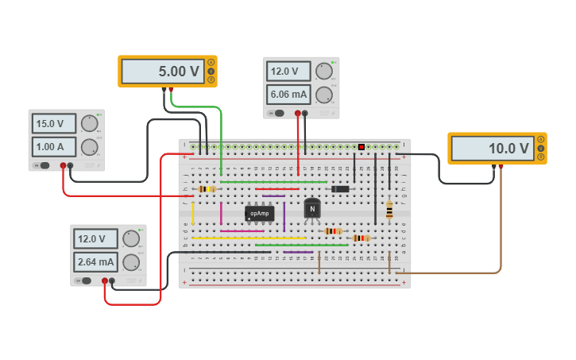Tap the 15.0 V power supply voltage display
pos(54,124)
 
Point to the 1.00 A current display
pos(54,147)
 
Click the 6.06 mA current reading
pos(288,95)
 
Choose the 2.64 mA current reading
pos(95,261)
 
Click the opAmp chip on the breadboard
pos(260,213)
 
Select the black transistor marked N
pos(312,209)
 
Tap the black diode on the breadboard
pos(340,188)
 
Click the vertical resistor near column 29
pos(389,210)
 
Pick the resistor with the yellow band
pos(207,189)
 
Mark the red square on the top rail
pos(361,147)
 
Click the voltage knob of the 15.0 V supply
pos(89,123)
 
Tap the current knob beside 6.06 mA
pos(323,95)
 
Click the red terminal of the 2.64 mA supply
pos(104,281)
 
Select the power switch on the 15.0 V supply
pos(44,166)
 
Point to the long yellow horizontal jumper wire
pos(249,238)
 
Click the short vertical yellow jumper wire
pos(192,213)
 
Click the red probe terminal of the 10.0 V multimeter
pos(501,167)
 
